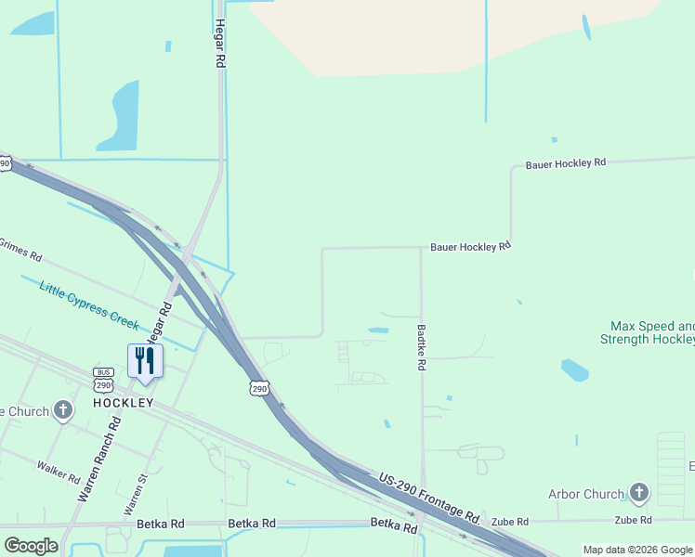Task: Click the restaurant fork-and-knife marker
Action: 145,360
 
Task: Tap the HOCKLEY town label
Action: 123,403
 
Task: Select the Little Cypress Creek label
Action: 88,304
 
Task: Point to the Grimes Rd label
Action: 20,248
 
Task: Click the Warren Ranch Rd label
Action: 99,459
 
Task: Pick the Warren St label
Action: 136,495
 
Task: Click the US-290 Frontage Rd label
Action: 430,498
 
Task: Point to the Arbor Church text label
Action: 585,494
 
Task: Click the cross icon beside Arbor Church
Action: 638,492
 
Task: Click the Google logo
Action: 31,546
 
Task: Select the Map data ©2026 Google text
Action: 636,550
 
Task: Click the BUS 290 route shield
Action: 103,379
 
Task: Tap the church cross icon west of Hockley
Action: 63,409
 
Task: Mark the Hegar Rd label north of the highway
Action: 220,42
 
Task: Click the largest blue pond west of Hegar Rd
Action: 121,116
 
